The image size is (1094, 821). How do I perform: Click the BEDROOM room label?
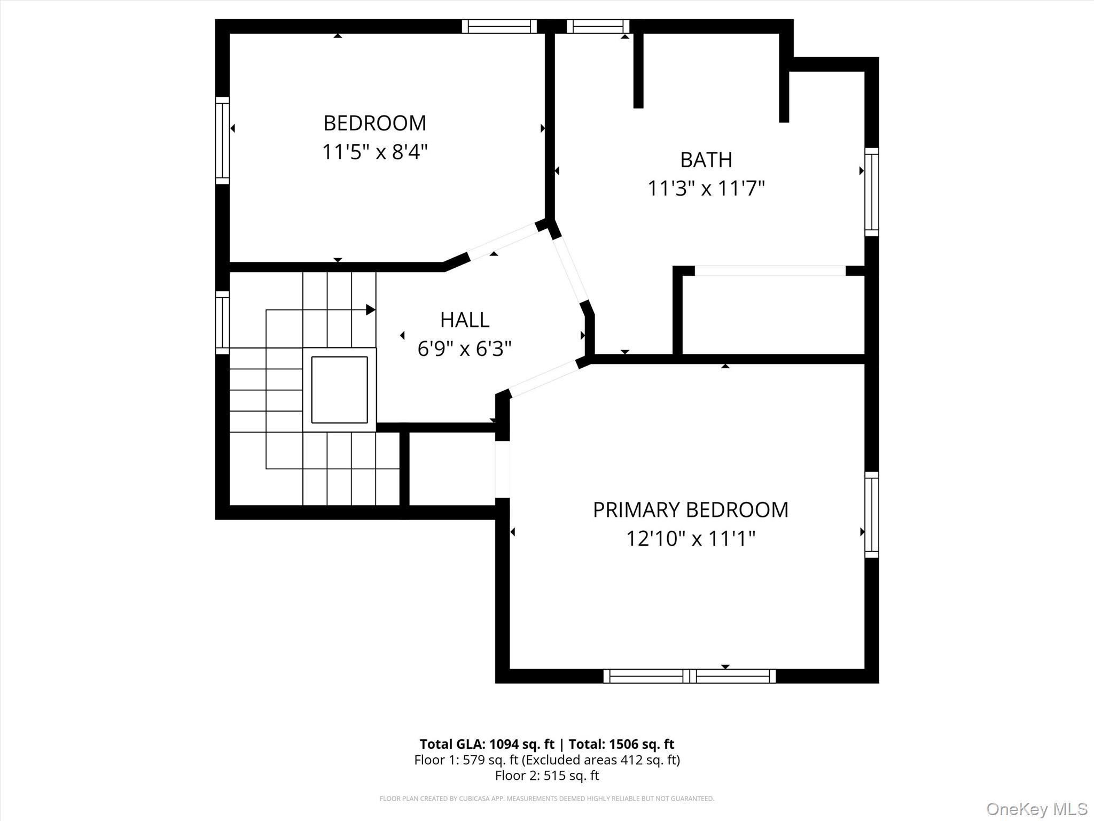point(374,123)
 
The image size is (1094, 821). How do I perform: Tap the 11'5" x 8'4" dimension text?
point(374,152)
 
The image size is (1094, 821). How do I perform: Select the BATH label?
point(706,160)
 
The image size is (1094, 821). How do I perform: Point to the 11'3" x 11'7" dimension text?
point(706,189)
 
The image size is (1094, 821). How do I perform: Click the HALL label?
point(464,320)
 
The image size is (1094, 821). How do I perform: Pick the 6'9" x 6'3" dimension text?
point(464,349)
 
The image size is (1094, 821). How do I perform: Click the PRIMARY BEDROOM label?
point(690,510)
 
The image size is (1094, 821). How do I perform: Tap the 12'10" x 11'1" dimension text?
point(690,539)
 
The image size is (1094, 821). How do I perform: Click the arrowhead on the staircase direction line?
point(370,309)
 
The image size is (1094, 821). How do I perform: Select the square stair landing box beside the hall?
point(339,390)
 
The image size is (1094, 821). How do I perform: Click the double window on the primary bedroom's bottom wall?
point(689,676)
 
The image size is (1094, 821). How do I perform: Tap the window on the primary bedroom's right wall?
point(871,515)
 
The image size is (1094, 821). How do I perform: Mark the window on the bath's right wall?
point(871,192)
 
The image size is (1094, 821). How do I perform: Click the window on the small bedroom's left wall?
point(222,141)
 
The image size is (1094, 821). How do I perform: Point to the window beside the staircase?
point(222,322)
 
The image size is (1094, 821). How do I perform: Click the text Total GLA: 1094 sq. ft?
point(487,744)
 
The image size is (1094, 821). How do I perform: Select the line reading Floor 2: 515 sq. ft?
point(546,776)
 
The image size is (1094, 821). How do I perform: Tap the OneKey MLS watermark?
point(1036,809)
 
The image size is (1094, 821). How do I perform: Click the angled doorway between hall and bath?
point(571,270)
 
